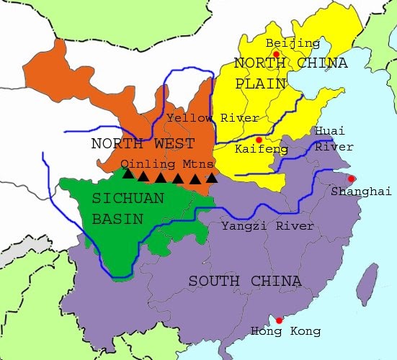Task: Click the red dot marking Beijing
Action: pyautogui.click(x=276, y=54)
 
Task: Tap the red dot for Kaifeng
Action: pyautogui.click(x=259, y=140)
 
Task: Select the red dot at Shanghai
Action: pyautogui.click(x=351, y=179)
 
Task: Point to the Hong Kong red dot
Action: pyautogui.click(x=280, y=320)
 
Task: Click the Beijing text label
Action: pyautogui.click(x=293, y=43)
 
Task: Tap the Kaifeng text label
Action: pyautogui.click(x=262, y=150)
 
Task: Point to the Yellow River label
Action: pyautogui.click(x=202, y=117)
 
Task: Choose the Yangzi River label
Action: pyautogui.click(x=268, y=226)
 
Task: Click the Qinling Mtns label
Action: pyautogui.click(x=167, y=163)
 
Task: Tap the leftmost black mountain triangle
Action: pyautogui.click(x=128, y=174)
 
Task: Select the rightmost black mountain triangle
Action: pyautogui.click(x=211, y=178)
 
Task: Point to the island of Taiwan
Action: pyautogui.click(x=368, y=282)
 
